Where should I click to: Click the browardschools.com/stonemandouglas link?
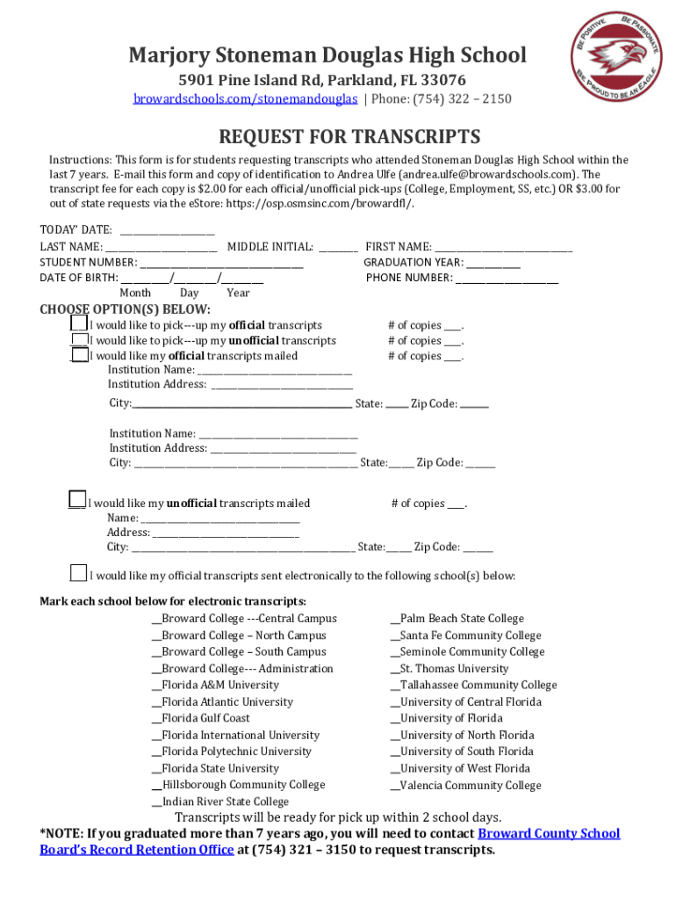(x=245, y=98)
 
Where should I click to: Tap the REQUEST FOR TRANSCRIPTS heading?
(x=349, y=137)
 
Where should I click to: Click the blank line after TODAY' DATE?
(x=167, y=230)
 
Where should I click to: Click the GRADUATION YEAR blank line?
(x=493, y=262)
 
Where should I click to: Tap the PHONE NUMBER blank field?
(x=507, y=278)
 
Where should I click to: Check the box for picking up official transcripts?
(x=80, y=324)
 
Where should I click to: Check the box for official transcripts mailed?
(x=80, y=355)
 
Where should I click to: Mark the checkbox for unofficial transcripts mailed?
(x=78, y=499)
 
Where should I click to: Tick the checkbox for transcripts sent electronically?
(x=79, y=573)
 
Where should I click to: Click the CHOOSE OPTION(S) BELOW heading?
(x=126, y=308)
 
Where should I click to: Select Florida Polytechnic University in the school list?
(x=236, y=751)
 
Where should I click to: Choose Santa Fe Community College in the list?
(x=470, y=635)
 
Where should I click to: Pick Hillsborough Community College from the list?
(x=242, y=785)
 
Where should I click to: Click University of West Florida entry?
(x=464, y=768)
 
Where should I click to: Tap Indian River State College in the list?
(x=225, y=802)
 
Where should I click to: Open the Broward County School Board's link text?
(x=548, y=833)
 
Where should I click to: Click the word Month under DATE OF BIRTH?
(x=135, y=293)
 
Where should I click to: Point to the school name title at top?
(x=327, y=56)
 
